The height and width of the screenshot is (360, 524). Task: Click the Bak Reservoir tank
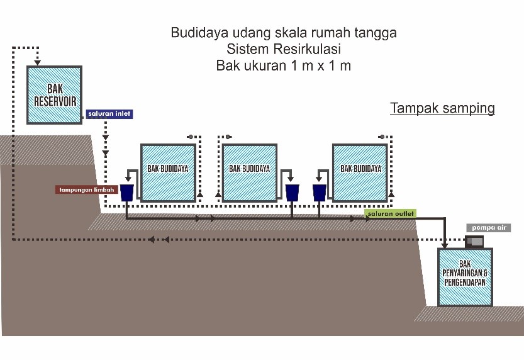pos(54,94)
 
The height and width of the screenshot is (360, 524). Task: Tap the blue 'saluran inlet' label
pos(109,115)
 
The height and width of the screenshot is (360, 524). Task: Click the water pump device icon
pos(474,241)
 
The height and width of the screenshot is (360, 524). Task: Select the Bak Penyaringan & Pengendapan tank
pos(465,277)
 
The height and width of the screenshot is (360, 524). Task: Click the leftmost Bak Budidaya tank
pos(167,172)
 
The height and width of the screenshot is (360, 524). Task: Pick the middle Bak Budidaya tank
pos(250,172)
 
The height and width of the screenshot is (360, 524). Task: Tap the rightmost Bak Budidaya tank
pos(360,172)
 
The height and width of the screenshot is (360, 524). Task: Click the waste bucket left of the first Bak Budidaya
pos(127,192)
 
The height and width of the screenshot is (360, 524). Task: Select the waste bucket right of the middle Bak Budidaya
pos(292,192)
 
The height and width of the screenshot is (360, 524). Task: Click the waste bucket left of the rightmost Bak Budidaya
pos(320,192)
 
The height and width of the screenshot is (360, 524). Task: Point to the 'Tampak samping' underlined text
pos(442,108)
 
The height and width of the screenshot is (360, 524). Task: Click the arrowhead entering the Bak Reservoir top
pos(38,62)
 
